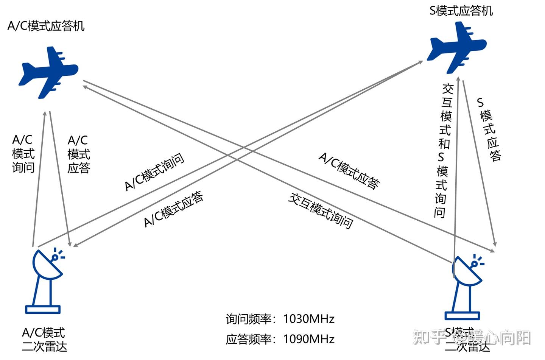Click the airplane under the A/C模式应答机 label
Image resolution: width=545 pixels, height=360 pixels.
[48, 72]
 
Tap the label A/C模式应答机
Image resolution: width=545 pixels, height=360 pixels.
[46, 26]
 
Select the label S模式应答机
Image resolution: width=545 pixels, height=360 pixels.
[461, 11]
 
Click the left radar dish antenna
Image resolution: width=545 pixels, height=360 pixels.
[47, 265]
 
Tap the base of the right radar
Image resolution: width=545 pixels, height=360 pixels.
[462, 315]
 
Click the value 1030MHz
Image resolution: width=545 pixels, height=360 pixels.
[309, 319]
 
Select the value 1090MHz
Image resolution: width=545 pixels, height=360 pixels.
[309, 339]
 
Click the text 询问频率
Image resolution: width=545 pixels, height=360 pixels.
[248, 319]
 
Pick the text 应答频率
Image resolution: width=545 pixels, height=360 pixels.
[248, 339]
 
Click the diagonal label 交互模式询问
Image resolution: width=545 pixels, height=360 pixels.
[321, 210]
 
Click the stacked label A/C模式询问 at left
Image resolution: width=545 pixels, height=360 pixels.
[23, 154]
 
